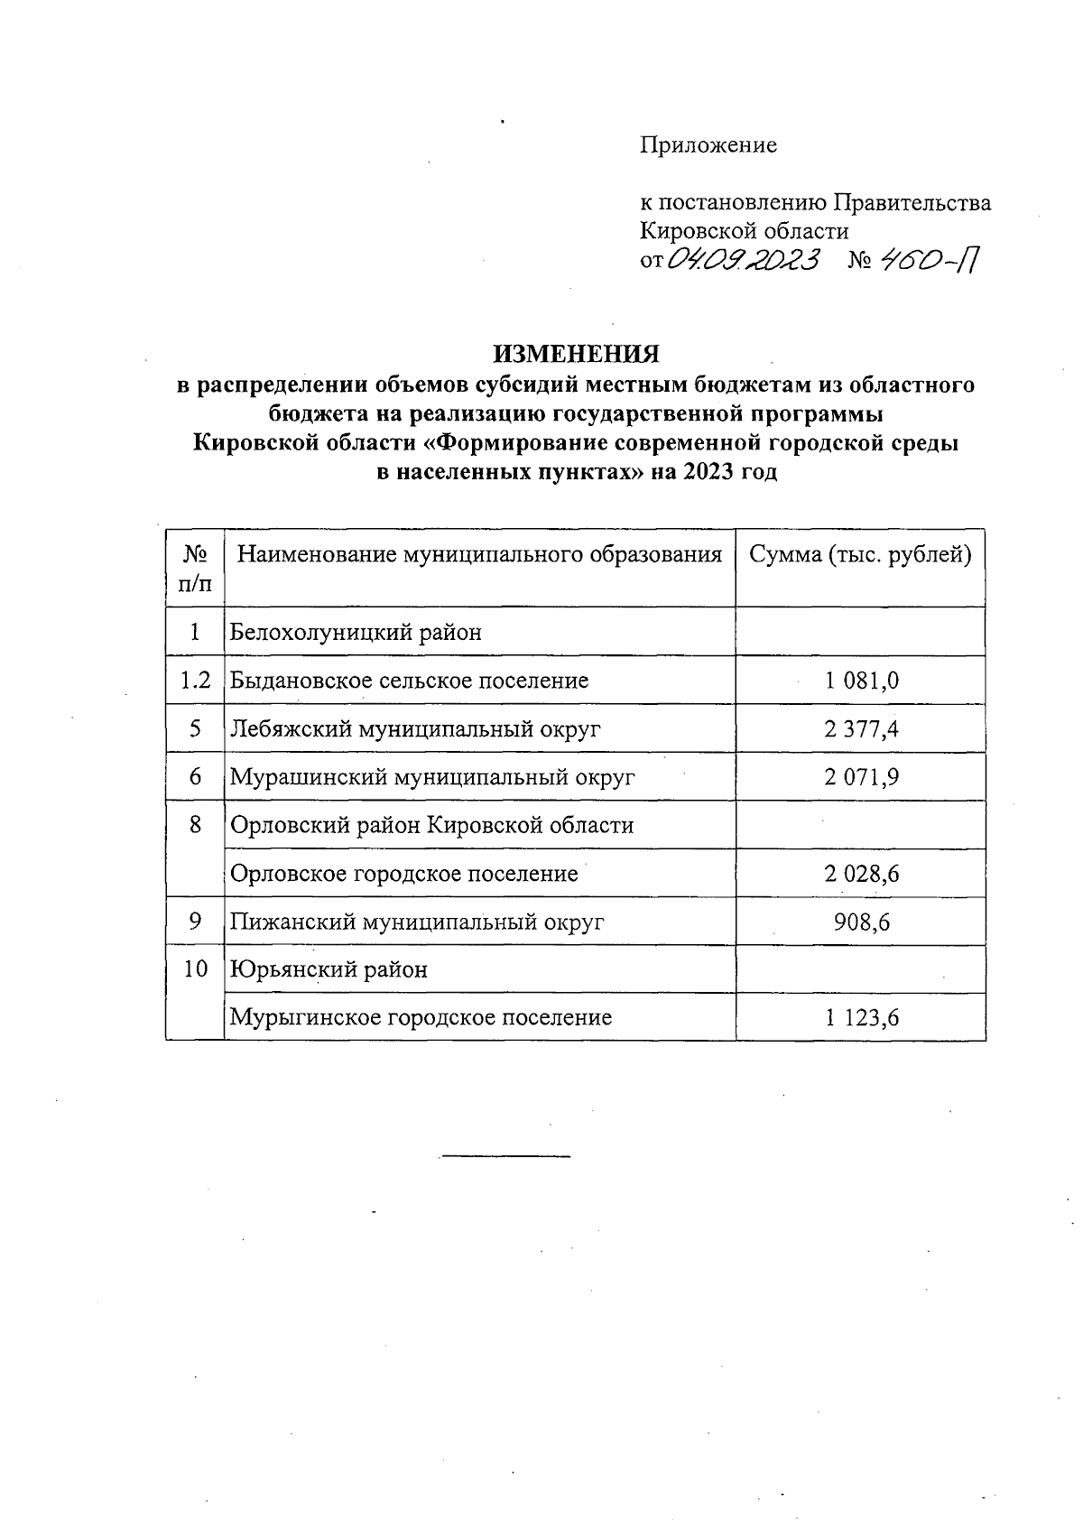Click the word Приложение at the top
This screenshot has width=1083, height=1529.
[x=708, y=145]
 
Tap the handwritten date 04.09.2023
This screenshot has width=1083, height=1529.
[x=743, y=261]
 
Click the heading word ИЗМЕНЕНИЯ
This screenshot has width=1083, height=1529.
[x=575, y=354]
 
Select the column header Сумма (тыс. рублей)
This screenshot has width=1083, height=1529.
[x=860, y=555]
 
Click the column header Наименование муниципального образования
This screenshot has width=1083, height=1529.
[x=479, y=555]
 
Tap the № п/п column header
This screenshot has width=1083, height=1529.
[x=195, y=568]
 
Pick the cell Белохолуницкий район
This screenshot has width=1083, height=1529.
[x=356, y=632]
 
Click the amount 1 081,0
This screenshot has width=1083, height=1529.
[x=861, y=681]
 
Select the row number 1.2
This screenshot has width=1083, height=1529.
[x=195, y=681]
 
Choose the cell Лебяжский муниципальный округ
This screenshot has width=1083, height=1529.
[x=415, y=729]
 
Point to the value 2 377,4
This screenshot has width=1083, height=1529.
[x=861, y=729]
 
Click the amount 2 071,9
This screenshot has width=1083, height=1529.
[x=861, y=777]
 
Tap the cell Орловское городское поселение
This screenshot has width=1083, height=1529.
[x=404, y=874]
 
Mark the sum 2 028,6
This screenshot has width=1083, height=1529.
[x=861, y=874]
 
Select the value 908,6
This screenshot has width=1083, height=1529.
[x=862, y=922]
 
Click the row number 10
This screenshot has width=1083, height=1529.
[x=195, y=969]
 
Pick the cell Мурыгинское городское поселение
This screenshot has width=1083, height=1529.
[x=421, y=1018]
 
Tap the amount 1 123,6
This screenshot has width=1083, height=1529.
[x=861, y=1018]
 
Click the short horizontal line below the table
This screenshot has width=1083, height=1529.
[x=505, y=1156]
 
